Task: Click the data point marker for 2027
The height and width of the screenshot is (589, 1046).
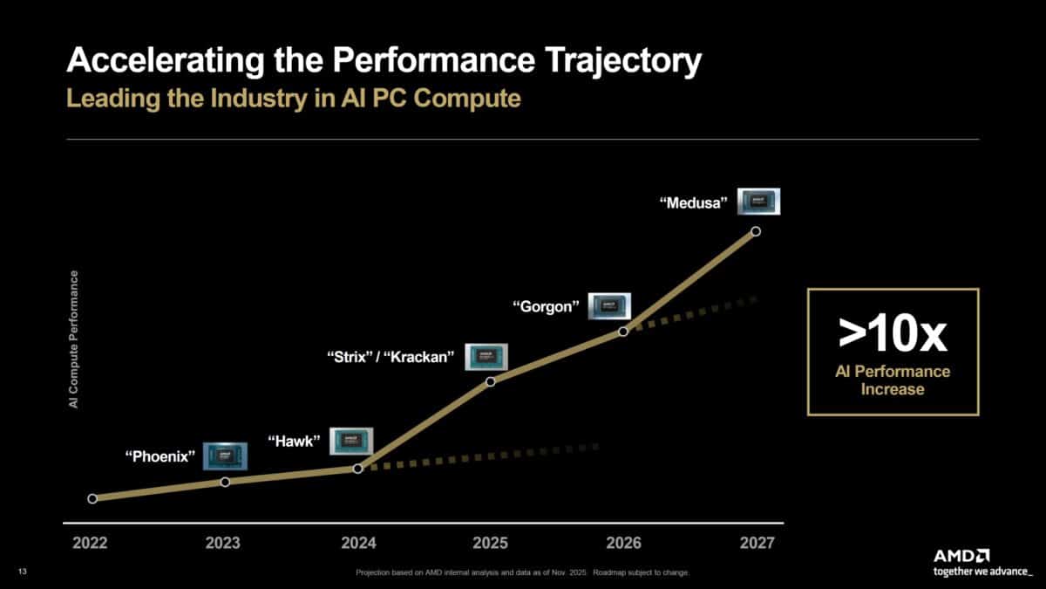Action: [756, 231]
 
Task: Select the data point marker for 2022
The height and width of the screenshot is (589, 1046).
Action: [92, 498]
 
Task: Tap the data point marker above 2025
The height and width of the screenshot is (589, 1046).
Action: [490, 381]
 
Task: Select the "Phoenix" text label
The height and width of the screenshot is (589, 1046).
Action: [160, 456]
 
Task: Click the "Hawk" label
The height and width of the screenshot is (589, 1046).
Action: [295, 442]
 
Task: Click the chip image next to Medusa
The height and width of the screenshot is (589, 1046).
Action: [758, 202]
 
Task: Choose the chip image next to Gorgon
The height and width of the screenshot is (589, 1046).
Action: [609, 305]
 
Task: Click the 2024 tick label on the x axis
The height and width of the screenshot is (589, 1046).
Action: [357, 544]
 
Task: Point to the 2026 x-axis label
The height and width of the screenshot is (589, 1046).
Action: [623, 544]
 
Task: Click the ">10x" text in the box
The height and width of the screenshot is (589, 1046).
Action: [892, 334]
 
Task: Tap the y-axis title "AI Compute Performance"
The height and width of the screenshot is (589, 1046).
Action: [74, 339]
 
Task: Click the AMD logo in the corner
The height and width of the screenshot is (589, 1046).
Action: [961, 555]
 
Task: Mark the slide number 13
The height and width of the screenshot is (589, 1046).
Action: [22, 572]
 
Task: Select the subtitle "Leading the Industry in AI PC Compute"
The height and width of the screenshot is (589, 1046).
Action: [294, 99]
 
